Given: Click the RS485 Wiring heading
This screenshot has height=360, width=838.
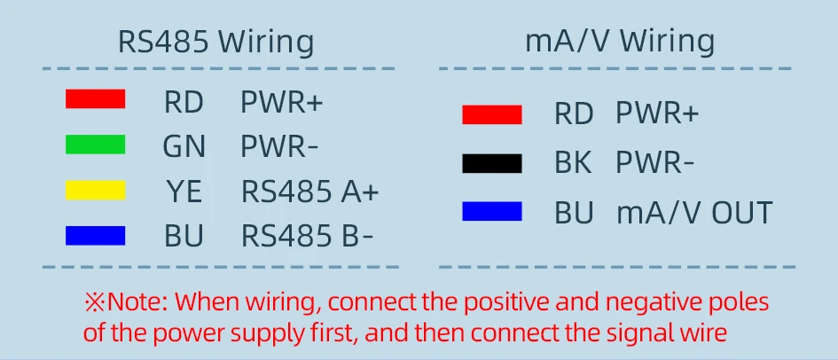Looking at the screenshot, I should [215, 42].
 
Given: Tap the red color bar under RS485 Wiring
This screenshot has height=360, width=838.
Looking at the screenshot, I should [95, 99].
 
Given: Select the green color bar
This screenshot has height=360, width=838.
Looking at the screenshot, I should [95, 145].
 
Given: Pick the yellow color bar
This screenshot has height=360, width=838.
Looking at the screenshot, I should [95, 190].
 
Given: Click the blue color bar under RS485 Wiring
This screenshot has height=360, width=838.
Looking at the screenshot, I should [95, 235].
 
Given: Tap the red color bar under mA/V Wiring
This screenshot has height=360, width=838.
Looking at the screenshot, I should [491, 114].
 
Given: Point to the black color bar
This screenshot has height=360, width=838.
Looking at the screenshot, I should [491, 163].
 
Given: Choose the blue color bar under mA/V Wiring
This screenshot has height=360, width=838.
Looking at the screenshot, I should [491, 212].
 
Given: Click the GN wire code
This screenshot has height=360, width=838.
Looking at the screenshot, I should [184, 146].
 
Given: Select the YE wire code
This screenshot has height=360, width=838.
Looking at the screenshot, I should [185, 192].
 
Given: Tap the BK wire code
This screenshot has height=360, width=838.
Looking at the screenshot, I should [574, 164].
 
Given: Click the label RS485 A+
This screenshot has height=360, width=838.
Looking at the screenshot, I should [309, 192].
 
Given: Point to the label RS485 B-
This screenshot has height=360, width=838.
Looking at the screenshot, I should [308, 237].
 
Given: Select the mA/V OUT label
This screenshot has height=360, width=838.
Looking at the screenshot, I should [694, 213].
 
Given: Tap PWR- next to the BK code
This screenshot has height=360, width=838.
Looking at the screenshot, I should [655, 164].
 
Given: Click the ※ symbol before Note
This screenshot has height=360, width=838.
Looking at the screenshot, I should [95, 301].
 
